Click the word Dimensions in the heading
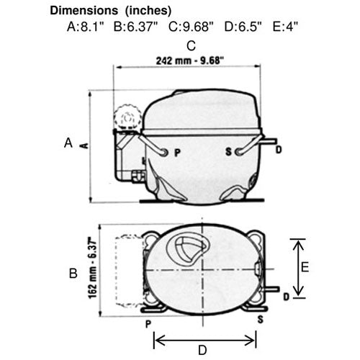pyautogui.click(x=84, y=11)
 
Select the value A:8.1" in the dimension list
pyautogui.click(x=86, y=27)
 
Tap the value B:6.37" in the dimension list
pyautogui.click(x=135, y=27)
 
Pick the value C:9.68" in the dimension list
pyautogui.click(x=191, y=27)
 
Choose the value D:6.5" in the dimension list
pyautogui.click(x=243, y=27)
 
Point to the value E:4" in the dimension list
pyautogui.click(x=285, y=27)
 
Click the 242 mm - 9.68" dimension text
pyautogui.click(x=190, y=60)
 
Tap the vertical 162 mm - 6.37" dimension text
pyautogui.click(x=92, y=268)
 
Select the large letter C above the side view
pyautogui.click(x=191, y=46)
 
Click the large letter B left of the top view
pyautogui.click(x=73, y=273)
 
